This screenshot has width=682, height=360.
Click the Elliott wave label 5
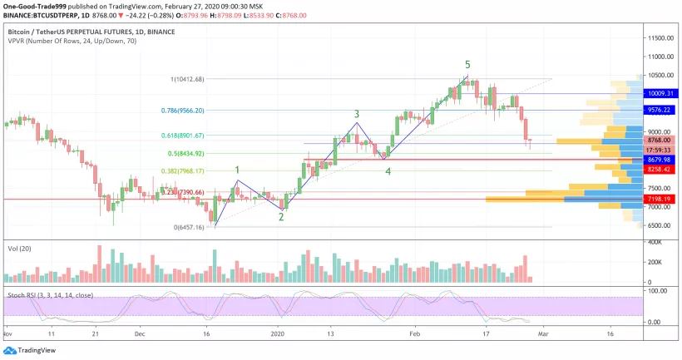tap(467, 65)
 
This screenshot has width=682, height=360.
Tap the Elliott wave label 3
tap(357, 114)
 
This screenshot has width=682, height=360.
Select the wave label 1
tap(237, 170)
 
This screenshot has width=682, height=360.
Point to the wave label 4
tap(388, 171)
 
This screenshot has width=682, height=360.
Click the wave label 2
tap(281, 217)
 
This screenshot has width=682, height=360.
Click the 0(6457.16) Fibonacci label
tap(188, 227)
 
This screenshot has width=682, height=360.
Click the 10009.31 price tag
tap(661, 94)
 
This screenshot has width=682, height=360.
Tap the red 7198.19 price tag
tap(661, 200)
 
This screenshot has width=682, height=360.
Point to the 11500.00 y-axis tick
tap(662, 38)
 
